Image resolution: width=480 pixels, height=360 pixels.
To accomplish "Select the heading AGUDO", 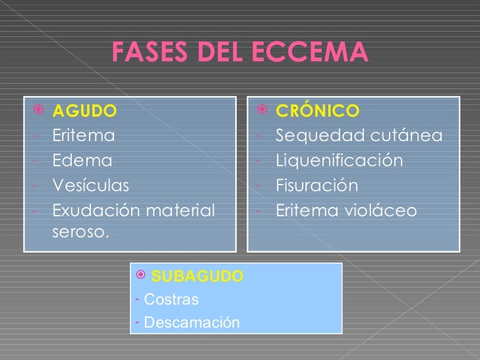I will tap(85, 110).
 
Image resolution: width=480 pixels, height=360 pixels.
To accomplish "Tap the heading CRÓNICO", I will tap(317, 110).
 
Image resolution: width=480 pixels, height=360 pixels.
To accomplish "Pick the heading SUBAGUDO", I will tap(197, 276).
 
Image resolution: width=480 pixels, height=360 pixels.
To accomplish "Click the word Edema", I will tap(82, 160).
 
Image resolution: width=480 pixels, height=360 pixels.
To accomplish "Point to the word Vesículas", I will tap(91, 185).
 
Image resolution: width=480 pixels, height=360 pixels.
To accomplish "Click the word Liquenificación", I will tap(338, 160).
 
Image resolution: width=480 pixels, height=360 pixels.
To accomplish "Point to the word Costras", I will tap(171, 299).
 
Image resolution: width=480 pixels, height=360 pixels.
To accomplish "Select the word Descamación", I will tap(191, 322).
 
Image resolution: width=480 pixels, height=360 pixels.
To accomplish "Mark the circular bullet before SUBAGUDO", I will tap(138, 275).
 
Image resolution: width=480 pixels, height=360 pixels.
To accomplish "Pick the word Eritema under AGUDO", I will tap(83, 136).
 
